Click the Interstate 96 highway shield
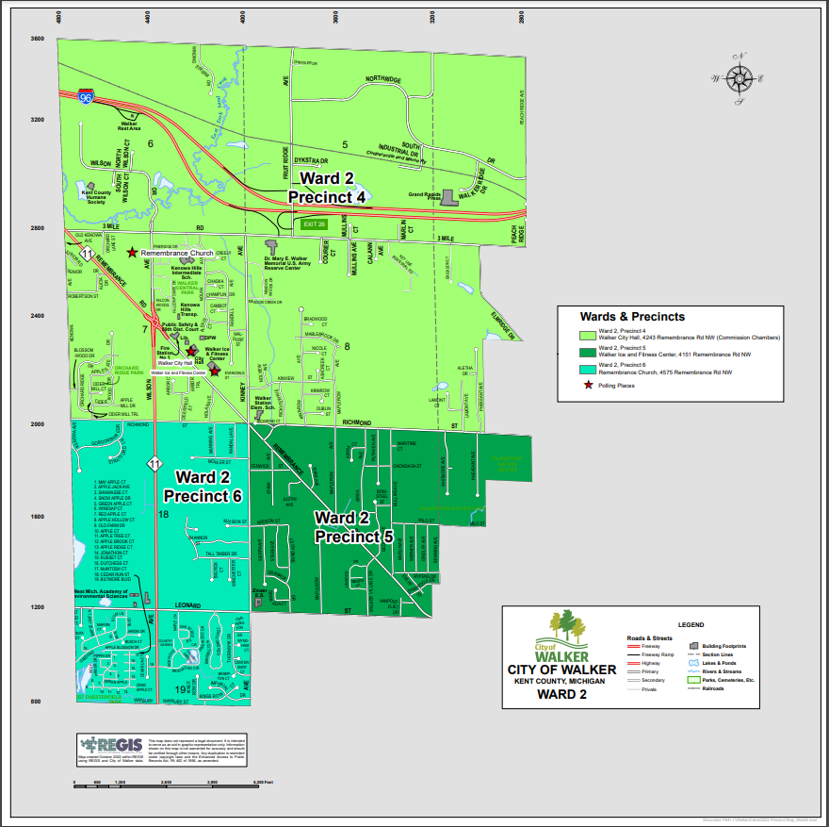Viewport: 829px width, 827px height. (x=86, y=98)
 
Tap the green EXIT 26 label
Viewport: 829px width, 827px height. (x=313, y=224)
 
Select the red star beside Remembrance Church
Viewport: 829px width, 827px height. (x=132, y=252)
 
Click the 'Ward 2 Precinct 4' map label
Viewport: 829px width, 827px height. (x=326, y=187)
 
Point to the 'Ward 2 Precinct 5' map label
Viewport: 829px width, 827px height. (x=353, y=527)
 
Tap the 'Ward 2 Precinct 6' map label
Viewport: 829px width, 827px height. (x=203, y=486)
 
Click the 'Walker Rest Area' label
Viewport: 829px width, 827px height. (x=128, y=125)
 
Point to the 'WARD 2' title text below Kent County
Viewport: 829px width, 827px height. (x=561, y=695)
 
